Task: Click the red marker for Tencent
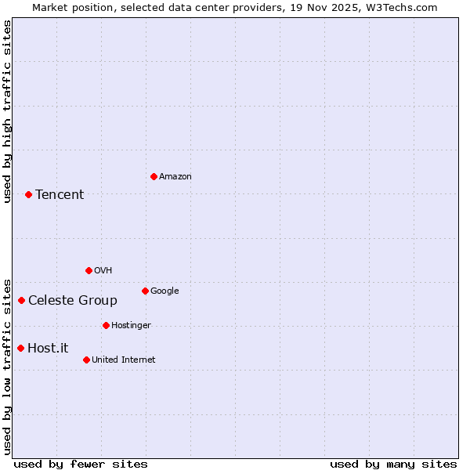[x=28, y=194]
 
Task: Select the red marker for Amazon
[x=154, y=176]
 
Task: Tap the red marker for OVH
[x=89, y=270]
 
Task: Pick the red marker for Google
[x=145, y=291]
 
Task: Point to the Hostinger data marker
[x=106, y=325]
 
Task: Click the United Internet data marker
[x=86, y=360]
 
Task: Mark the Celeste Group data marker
[x=21, y=300]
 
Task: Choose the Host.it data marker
[x=20, y=348]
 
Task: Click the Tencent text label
[x=60, y=195]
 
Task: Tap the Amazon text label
[x=175, y=177]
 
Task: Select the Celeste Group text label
[x=73, y=301]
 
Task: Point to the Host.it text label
[x=48, y=349]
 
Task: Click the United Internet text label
[x=124, y=360]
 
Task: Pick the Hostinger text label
[x=131, y=326]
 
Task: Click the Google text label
[x=164, y=291]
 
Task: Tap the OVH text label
[x=103, y=271]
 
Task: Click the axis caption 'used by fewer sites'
[x=81, y=464]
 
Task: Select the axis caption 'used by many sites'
[x=393, y=464]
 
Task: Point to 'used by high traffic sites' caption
[x=7, y=111]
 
